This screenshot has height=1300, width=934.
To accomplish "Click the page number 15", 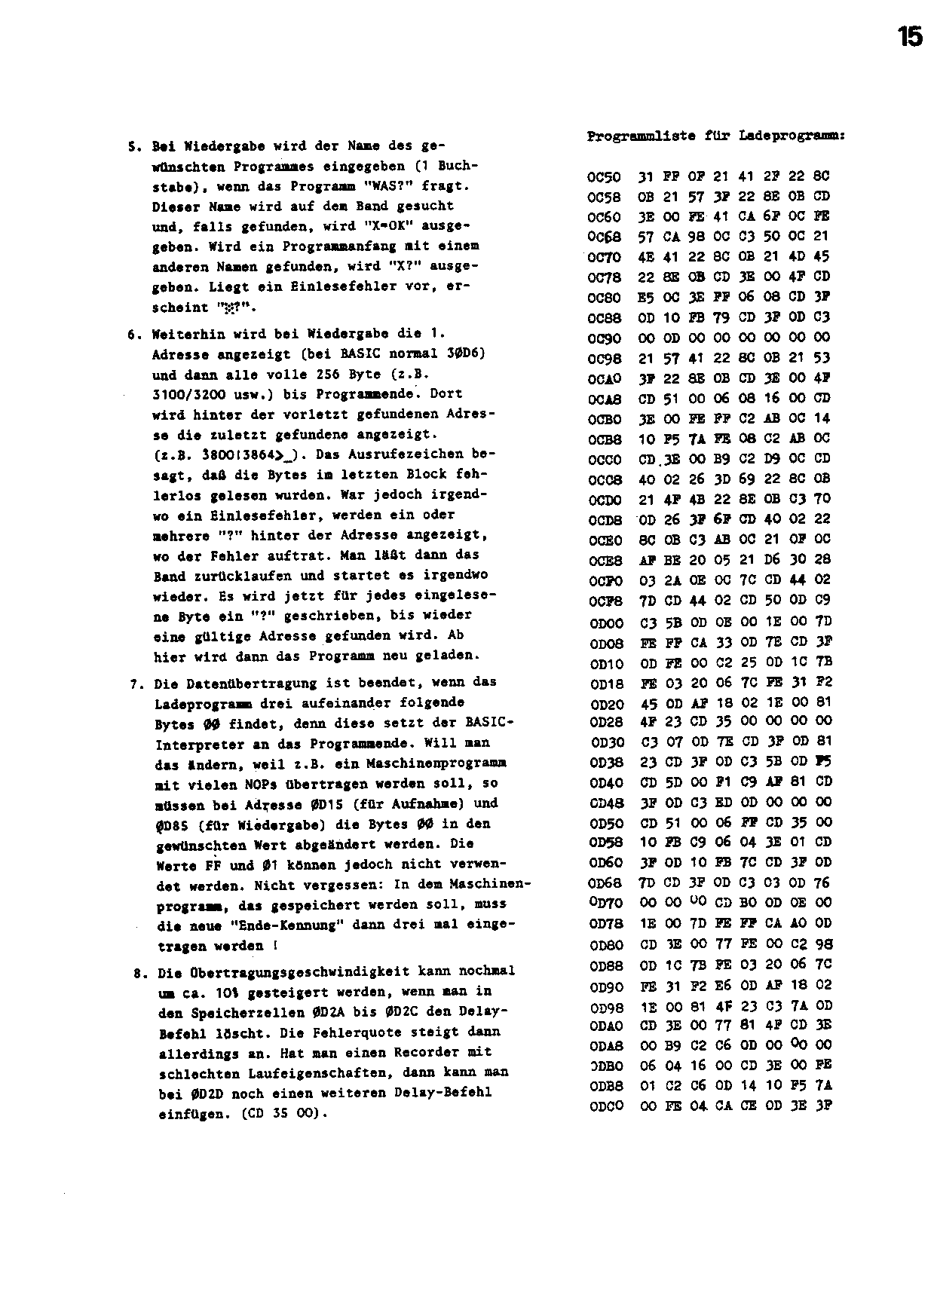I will [x=910, y=36].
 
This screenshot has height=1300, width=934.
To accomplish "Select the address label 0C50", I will [x=603, y=177].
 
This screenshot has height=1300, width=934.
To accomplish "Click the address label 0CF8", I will [x=603, y=601].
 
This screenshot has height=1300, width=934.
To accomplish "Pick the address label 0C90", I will [x=603, y=338].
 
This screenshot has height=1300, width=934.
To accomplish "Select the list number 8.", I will [x=137, y=973].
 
